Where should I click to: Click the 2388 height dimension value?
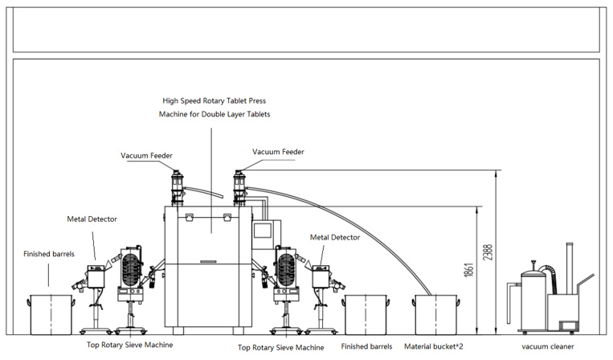[488, 252]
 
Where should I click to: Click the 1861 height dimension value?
[469, 270]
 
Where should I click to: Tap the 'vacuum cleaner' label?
[548, 346]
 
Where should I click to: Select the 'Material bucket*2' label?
[434, 346]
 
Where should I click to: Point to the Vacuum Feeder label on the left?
[146, 156]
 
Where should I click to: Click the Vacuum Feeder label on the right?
[278, 152]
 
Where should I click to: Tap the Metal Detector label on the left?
[92, 219]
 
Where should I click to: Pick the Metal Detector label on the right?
[335, 237]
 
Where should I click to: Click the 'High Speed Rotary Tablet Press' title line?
[215, 100]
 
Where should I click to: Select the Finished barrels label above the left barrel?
[49, 254]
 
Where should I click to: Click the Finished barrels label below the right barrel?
[366, 346]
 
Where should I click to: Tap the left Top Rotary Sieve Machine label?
[130, 345]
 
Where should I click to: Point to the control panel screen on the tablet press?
[263, 231]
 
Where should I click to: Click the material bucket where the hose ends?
[436, 315]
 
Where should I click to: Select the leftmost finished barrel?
[51, 315]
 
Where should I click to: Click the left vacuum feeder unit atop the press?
[177, 188]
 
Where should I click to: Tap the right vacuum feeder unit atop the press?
[239, 188]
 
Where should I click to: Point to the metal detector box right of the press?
[321, 276]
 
